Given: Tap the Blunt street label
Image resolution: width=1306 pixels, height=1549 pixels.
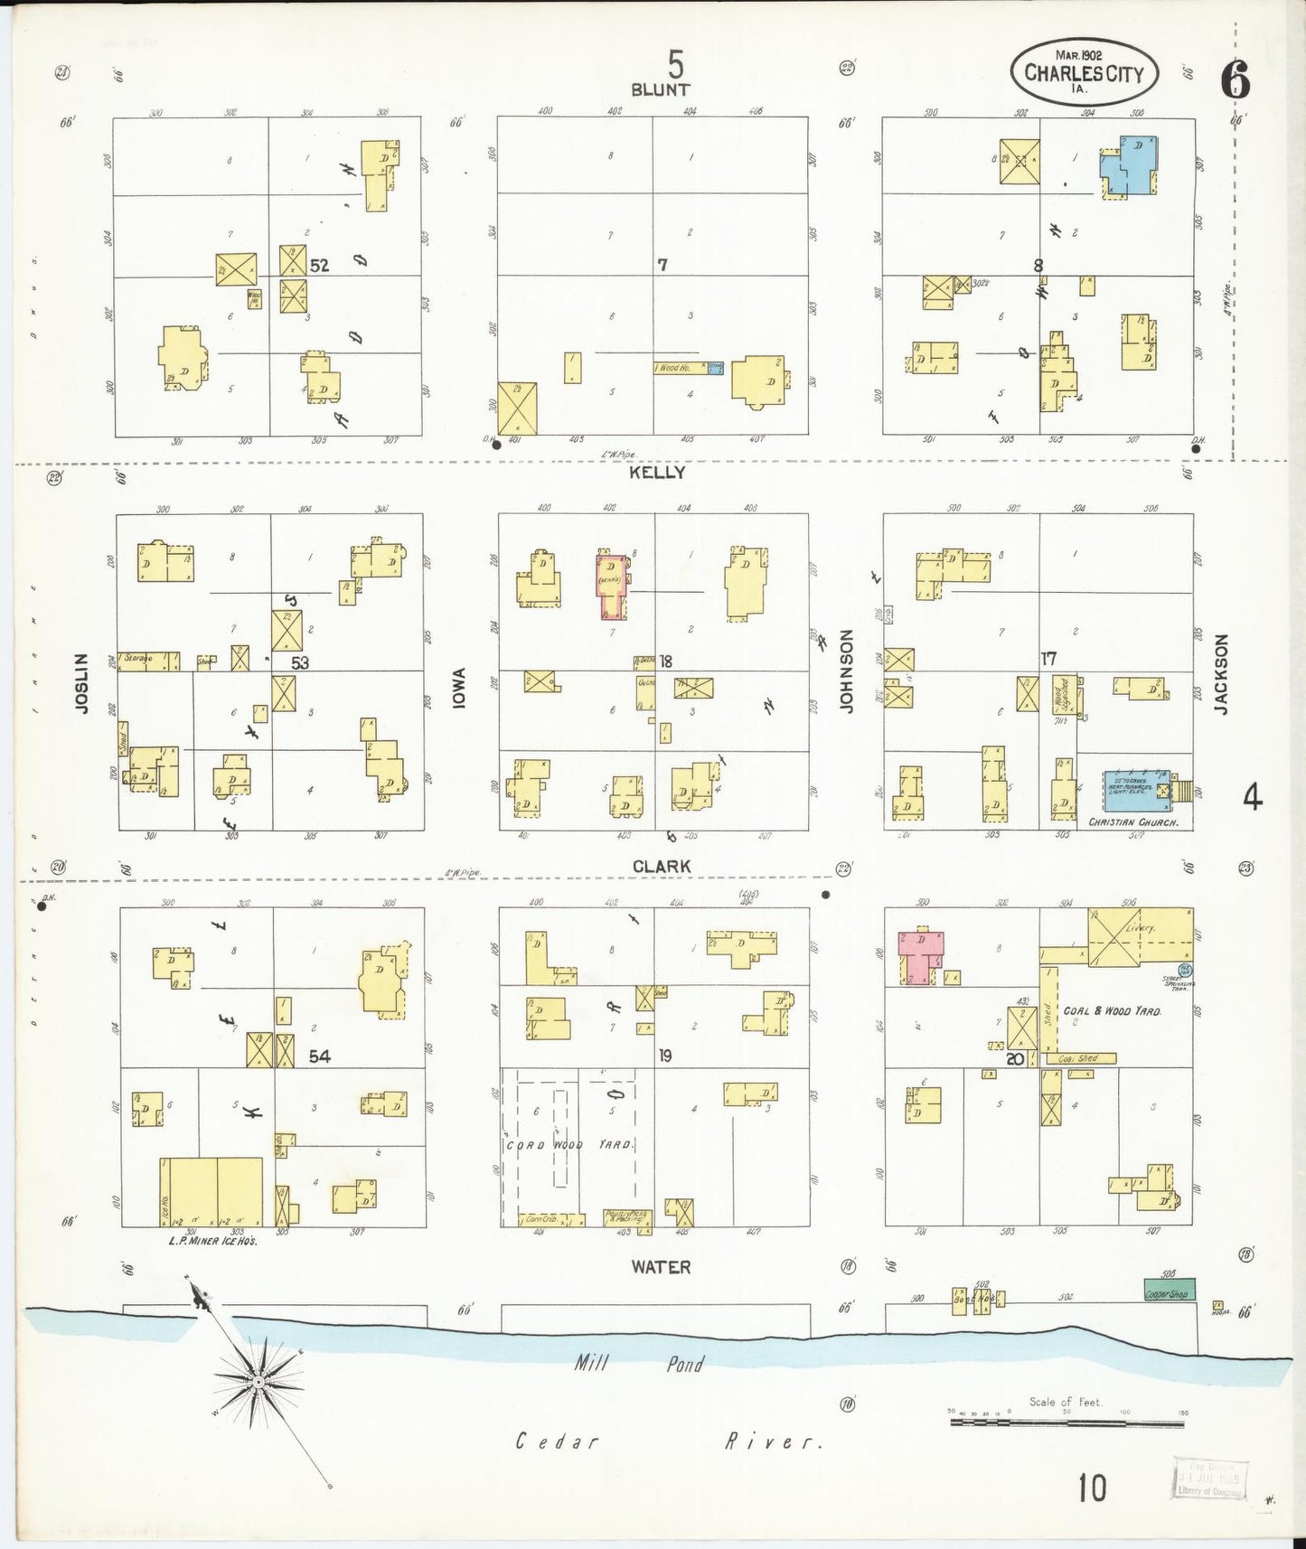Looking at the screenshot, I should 660,89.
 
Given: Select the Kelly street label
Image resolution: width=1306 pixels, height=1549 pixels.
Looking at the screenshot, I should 659,473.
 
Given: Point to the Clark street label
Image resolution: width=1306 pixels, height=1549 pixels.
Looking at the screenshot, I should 662,867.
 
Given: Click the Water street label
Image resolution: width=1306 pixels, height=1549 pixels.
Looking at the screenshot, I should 661,1267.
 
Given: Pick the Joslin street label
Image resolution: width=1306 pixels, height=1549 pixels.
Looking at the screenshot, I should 83,683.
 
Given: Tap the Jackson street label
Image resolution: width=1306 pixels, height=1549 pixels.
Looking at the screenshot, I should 1222,674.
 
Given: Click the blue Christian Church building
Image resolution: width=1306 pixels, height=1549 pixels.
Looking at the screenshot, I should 1135,789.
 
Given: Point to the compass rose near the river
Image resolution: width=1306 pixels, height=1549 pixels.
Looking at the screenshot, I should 258,1383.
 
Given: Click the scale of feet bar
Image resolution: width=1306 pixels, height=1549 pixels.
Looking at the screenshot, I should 1066,1423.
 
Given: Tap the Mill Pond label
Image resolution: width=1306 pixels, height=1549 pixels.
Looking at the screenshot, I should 639,1364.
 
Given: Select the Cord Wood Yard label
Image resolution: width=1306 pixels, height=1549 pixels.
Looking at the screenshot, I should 569,1145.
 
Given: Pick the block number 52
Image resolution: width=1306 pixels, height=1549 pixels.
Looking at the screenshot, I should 319,266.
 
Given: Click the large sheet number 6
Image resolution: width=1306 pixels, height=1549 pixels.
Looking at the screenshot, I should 1236,81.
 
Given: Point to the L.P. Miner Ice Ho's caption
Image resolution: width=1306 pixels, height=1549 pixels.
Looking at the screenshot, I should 213,1242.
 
